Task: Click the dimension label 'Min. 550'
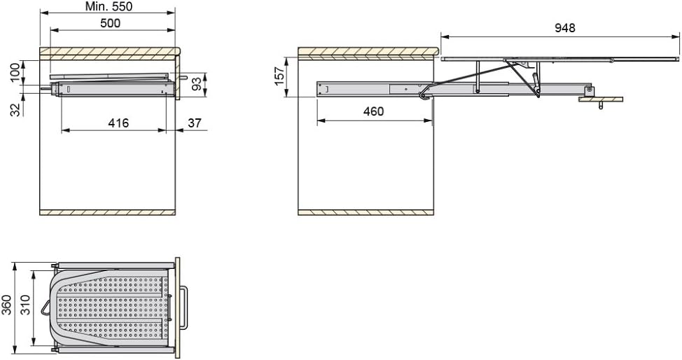(x=109, y=6)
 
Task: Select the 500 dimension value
(x=111, y=23)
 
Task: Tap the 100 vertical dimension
(x=15, y=72)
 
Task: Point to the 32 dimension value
(x=15, y=109)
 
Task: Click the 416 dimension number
(x=118, y=123)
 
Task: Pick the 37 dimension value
(x=195, y=123)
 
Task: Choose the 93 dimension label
(x=197, y=85)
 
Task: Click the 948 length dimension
(x=564, y=28)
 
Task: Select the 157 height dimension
(x=279, y=76)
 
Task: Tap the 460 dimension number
(x=374, y=111)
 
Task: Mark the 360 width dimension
(x=6, y=305)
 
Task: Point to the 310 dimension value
(x=25, y=305)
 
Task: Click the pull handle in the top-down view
(x=184, y=307)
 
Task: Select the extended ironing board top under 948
(x=559, y=58)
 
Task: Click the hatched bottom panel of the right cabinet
(x=366, y=212)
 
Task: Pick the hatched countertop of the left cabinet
(x=109, y=53)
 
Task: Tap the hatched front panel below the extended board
(x=601, y=99)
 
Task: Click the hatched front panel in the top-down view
(x=177, y=307)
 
